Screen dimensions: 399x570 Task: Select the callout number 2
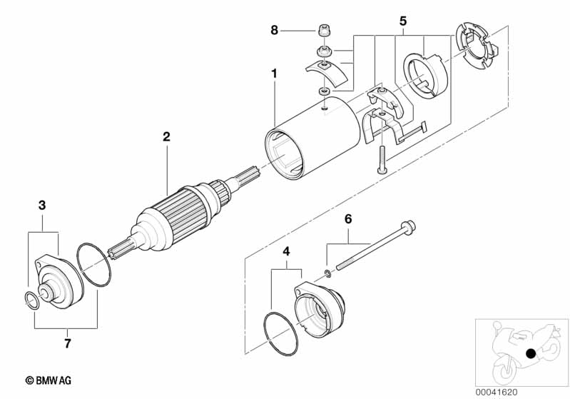click(x=166, y=136)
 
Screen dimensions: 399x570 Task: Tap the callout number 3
click(x=42, y=205)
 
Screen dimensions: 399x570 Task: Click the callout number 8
click(x=274, y=30)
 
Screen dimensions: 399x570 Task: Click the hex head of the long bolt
click(x=408, y=228)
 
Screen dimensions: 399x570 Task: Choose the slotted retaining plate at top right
click(x=473, y=44)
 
